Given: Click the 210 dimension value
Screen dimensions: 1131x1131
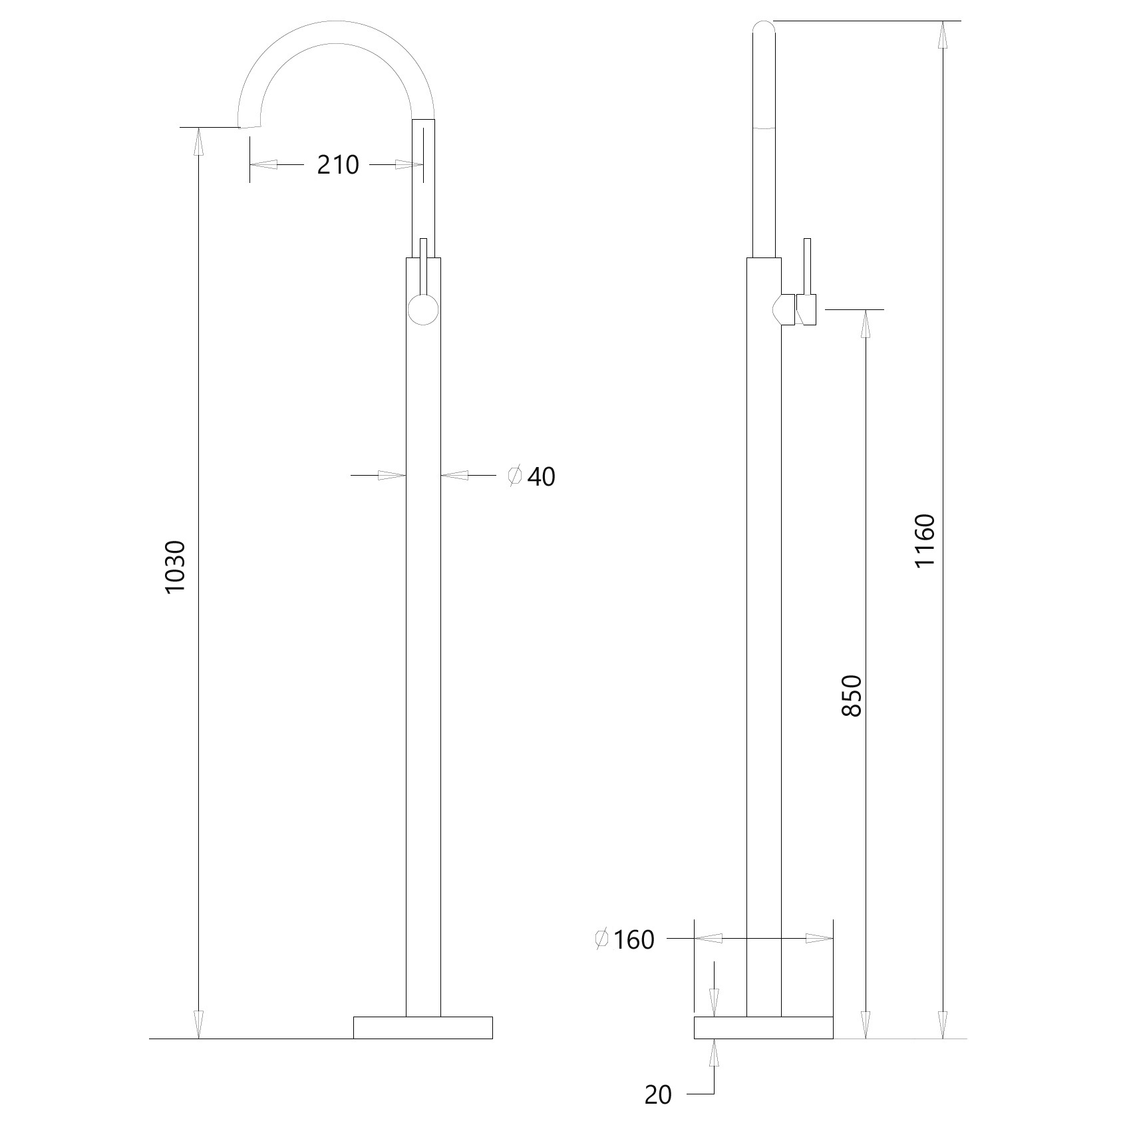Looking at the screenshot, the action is click(x=338, y=164).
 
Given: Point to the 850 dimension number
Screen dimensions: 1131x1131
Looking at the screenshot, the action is click(x=852, y=696).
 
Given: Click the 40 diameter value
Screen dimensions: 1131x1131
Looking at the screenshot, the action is click(x=542, y=476).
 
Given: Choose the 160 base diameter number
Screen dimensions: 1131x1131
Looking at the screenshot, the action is click(x=634, y=940).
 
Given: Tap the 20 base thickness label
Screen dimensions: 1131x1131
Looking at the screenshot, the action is click(x=659, y=1095).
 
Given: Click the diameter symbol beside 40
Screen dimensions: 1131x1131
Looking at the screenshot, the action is click(x=514, y=476).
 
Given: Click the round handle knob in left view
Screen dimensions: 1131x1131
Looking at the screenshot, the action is click(x=423, y=309).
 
